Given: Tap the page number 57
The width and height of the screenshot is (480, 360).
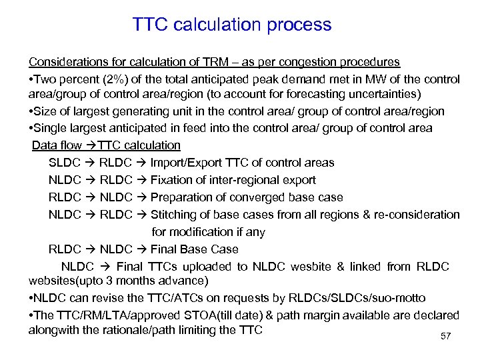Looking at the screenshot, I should pos(446,336).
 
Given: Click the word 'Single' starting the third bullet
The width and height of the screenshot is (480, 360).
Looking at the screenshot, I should pos(50,127).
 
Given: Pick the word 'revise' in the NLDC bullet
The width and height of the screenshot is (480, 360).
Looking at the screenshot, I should pos(103,297).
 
